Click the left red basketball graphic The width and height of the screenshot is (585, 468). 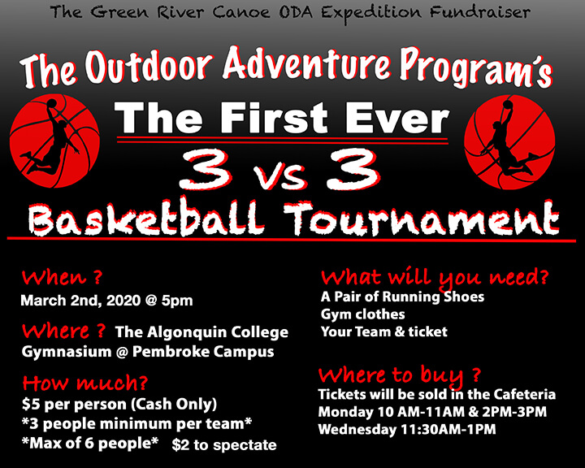coord(54,141)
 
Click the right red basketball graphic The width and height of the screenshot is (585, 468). coord(509,142)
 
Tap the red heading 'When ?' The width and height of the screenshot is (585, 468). coord(62,277)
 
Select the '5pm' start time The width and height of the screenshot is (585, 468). coord(177,301)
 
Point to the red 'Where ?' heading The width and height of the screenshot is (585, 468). coord(63,331)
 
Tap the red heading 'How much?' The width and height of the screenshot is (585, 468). coord(84,383)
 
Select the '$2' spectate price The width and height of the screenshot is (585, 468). coord(180,445)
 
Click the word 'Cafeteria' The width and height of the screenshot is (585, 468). coord(525,395)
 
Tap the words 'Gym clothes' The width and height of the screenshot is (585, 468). coord(362,314)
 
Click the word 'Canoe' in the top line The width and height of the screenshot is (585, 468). coord(241,12)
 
